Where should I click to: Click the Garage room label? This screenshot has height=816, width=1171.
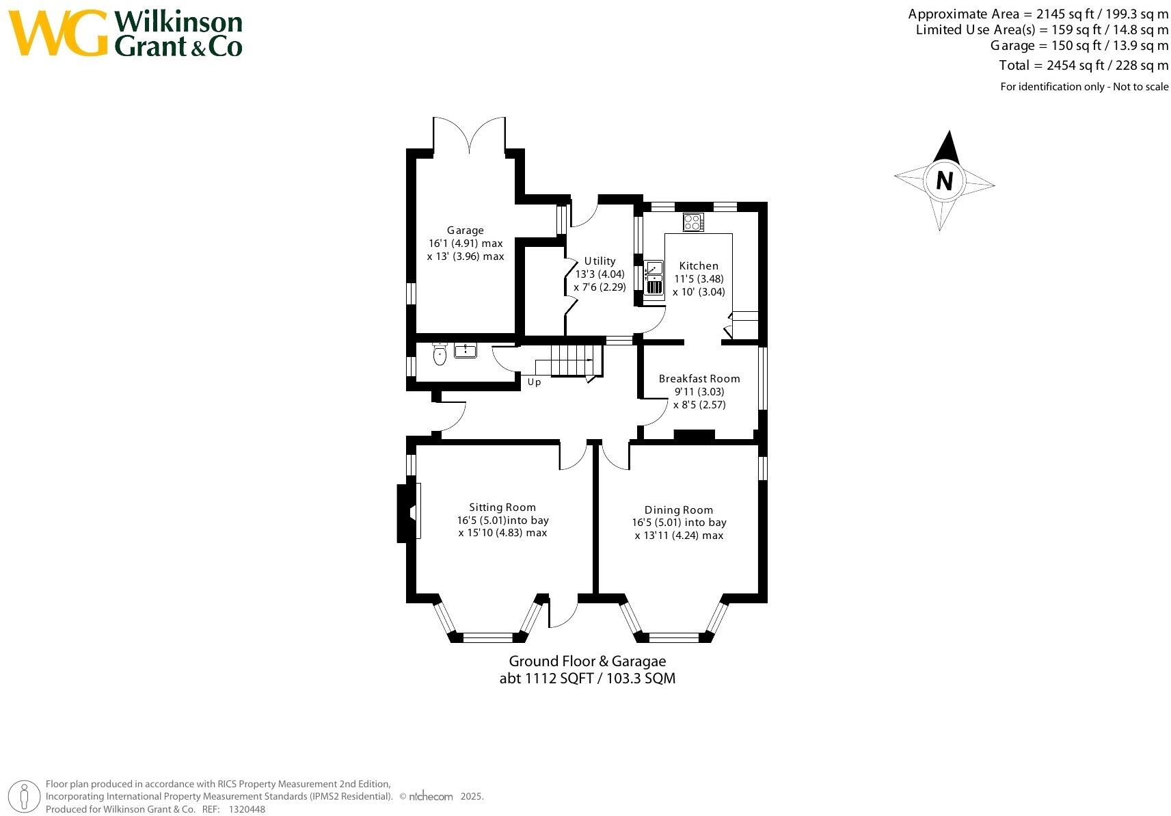coord(465,231)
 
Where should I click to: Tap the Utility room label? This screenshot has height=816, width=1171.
coord(600,261)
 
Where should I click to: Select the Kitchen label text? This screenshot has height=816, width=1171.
coord(698,266)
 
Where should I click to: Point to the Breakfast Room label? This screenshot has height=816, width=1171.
coord(699,378)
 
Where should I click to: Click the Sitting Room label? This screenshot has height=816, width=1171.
coord(502,508)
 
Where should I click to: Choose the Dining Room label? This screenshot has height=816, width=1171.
coord(678,510)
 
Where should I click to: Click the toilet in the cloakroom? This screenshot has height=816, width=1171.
coord(440,354)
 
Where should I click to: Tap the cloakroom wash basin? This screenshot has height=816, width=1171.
coord(466,351)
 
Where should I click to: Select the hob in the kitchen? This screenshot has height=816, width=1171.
coord(693,223)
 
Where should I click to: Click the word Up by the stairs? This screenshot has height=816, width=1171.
coord(534,382)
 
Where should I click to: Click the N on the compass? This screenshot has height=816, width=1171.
coord(944,181)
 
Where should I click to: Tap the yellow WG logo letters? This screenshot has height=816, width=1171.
coord(59,34)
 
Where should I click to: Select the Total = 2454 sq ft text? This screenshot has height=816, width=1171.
coord(1083,66)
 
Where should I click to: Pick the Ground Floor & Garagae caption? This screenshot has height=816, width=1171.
coord(587,661)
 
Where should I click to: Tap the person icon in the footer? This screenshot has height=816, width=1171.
coord(25,798)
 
